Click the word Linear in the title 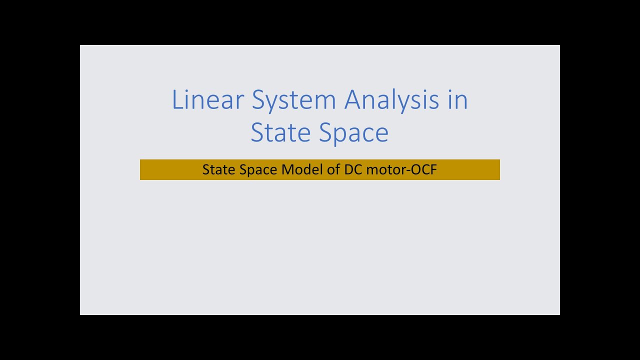207,99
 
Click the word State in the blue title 280,132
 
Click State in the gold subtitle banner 218,169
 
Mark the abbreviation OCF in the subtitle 424,169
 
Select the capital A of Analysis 354,99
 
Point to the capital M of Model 287,169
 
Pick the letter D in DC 348,169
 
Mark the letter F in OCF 433,169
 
